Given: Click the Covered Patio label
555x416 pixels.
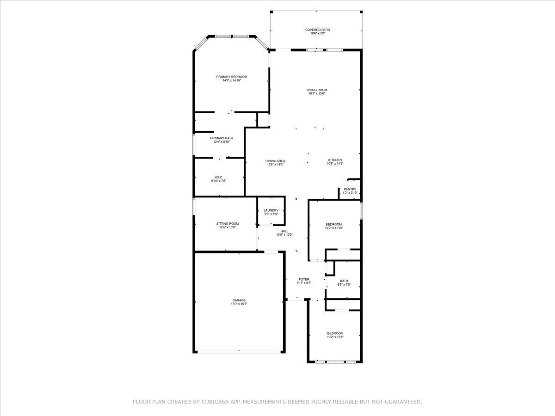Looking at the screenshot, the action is [317, 30].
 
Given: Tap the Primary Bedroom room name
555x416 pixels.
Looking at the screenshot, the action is [232, 77].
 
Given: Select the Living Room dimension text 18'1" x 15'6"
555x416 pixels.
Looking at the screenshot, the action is [316, 93].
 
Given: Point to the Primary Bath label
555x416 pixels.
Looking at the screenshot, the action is [222, 138].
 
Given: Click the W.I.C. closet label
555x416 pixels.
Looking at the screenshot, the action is [219, 177].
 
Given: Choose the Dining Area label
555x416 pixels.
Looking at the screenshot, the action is [275, 161].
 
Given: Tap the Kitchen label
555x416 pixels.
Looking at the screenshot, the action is [335, 160].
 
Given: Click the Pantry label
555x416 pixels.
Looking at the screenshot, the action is [350, 189].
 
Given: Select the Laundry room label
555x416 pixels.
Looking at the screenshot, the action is [271, 210].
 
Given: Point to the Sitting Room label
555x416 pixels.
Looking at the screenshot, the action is [228, 224].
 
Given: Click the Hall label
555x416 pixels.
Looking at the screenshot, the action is [284, 231].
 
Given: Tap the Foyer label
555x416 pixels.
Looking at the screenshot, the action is [304, 279].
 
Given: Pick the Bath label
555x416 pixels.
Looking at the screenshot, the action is [344, 281].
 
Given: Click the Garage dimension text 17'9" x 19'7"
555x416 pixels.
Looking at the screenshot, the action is [239, 304].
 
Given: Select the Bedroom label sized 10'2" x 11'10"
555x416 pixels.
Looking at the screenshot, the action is [334, 224].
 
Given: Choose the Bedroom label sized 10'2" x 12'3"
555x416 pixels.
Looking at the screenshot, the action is [335, 333].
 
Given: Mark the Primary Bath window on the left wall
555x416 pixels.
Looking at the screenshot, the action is [194, 145].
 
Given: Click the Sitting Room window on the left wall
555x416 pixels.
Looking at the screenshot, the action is [194, 207].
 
